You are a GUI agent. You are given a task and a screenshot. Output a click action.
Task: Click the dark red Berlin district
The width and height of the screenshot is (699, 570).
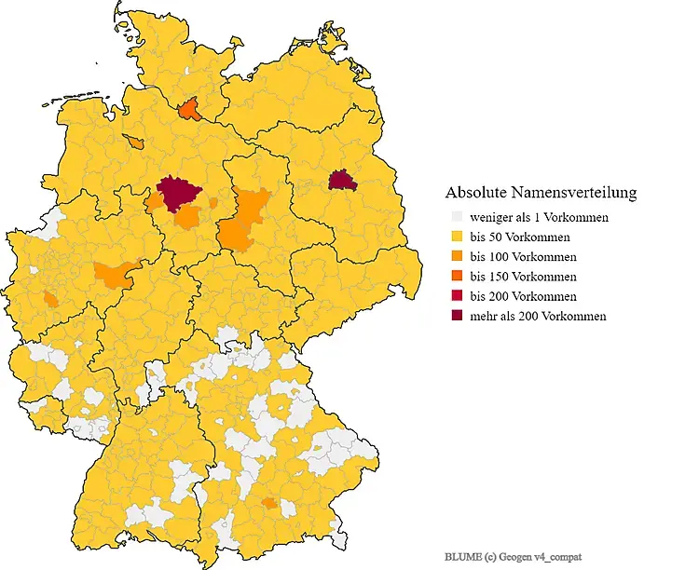point(343,180)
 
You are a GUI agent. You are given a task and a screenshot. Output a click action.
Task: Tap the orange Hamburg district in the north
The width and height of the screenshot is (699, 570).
point(189,111)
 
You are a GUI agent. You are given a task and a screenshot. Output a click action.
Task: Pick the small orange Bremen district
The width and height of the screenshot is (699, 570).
point(137,142)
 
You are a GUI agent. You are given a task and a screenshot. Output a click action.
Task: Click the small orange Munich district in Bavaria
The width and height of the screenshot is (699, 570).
point(269,503)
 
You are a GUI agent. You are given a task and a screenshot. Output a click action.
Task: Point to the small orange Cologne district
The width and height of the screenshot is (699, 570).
point(49,300)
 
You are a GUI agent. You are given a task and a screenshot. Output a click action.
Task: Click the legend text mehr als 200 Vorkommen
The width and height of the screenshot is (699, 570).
point(538,317)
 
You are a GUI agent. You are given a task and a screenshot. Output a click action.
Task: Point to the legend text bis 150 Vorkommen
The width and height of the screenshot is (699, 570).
point(523,277)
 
